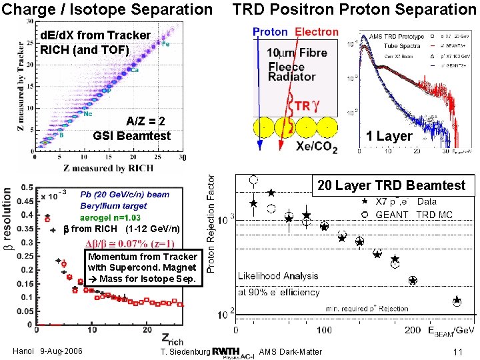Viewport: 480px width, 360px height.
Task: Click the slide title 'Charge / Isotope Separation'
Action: pyautogui.click(x=107, y=9)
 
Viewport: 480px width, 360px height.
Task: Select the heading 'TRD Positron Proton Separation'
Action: pyautogui.click(x=354, y=9)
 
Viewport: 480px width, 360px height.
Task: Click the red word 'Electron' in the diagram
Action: pyautogui.click(x=317, y=33)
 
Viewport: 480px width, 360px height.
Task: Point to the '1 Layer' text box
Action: pyautogui.click(x=389, y=136)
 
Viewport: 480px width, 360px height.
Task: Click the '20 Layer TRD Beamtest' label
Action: pyautogui.click(x=391, y=185)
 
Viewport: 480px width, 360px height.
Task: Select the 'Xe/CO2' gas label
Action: pyautogui.click(x=316, y=146)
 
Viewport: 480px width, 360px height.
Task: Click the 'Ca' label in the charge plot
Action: pyautogui.click(x=134, y=70)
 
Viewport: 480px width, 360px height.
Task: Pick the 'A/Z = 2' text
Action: pyautogui.click(x=145, y=121)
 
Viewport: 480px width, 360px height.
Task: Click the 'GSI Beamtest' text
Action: pyautogui.click(x=132, y=136)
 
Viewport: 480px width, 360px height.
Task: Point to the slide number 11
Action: pyautogui.click(x=457, y=352)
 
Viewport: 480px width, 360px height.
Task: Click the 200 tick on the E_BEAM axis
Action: pyautogui.click(x=413, y=329)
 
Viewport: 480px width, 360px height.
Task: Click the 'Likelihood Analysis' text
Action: pyautogui.click(x=279, y=275)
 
